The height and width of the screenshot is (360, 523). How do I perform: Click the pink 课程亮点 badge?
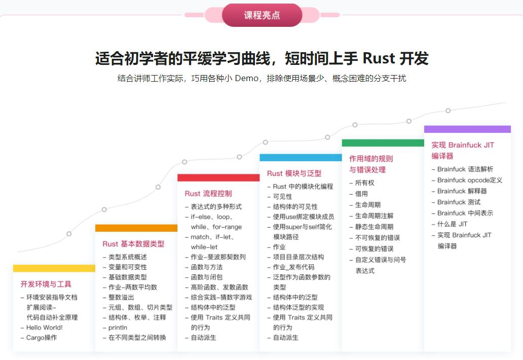point(261,15)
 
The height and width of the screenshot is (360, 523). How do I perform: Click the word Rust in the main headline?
point(379,58)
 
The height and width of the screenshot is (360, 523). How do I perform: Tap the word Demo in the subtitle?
point(246,78)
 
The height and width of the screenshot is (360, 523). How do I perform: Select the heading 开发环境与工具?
point(46,284)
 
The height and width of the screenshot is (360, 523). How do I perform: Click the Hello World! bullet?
point(45,328)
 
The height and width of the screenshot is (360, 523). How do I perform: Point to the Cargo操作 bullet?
point(42,338)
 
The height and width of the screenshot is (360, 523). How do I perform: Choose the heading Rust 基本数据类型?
point(133,244)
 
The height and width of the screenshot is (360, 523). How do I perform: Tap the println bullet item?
point(118,328)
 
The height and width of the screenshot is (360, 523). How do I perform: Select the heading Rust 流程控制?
point(208,193)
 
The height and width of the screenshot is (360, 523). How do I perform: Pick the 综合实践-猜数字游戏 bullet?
point(221,297)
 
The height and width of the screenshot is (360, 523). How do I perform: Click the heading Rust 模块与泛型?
point(294,173)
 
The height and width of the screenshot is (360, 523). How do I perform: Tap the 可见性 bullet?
point(282,197)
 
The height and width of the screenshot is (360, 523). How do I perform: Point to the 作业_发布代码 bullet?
point(293,267)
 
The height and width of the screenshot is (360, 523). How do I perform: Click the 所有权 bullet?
point(364,183)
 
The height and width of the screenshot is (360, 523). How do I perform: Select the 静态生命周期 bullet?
point(374,227)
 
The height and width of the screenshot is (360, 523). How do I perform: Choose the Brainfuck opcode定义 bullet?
point(470,180)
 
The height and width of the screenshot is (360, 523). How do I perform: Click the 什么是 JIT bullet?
point(452,224)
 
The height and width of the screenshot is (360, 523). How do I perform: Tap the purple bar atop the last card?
point(467,129)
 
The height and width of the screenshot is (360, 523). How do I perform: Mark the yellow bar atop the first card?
point(54,268)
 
